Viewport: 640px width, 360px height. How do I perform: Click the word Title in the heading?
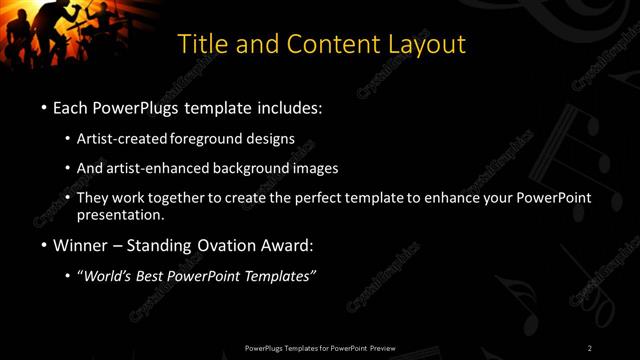click(200, 45)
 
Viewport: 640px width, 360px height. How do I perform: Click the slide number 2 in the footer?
click(590, 348)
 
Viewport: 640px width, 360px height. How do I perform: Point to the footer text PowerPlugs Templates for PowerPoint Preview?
click(320, 348)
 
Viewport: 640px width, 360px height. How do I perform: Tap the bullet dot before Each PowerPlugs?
click(45, 107)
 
